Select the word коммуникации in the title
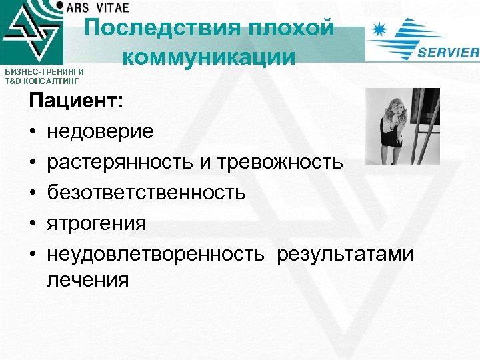pyautogui.click(x=209, y=57)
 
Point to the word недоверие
pyautogui.click(x=100, y=131)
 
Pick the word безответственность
pyautogui.click(x=146, y=193)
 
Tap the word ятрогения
pyautogui.click(x=96, y=223)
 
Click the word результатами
pyautogui.click(x=345, y=253)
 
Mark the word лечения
pyautogui.click(x=87, y=279)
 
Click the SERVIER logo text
pyautogui.click(x=448, y=53)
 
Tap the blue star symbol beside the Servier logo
pyautogui.click(x=380, y=31)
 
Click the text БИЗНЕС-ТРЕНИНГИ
pyautogui.click(x=40, y=72)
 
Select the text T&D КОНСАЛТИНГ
pyautogui.click(x=40, y=81)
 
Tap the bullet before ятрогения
pyautogui.click(x=31, y=223)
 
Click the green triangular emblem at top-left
pyautogui.click(x=30, y=33)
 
